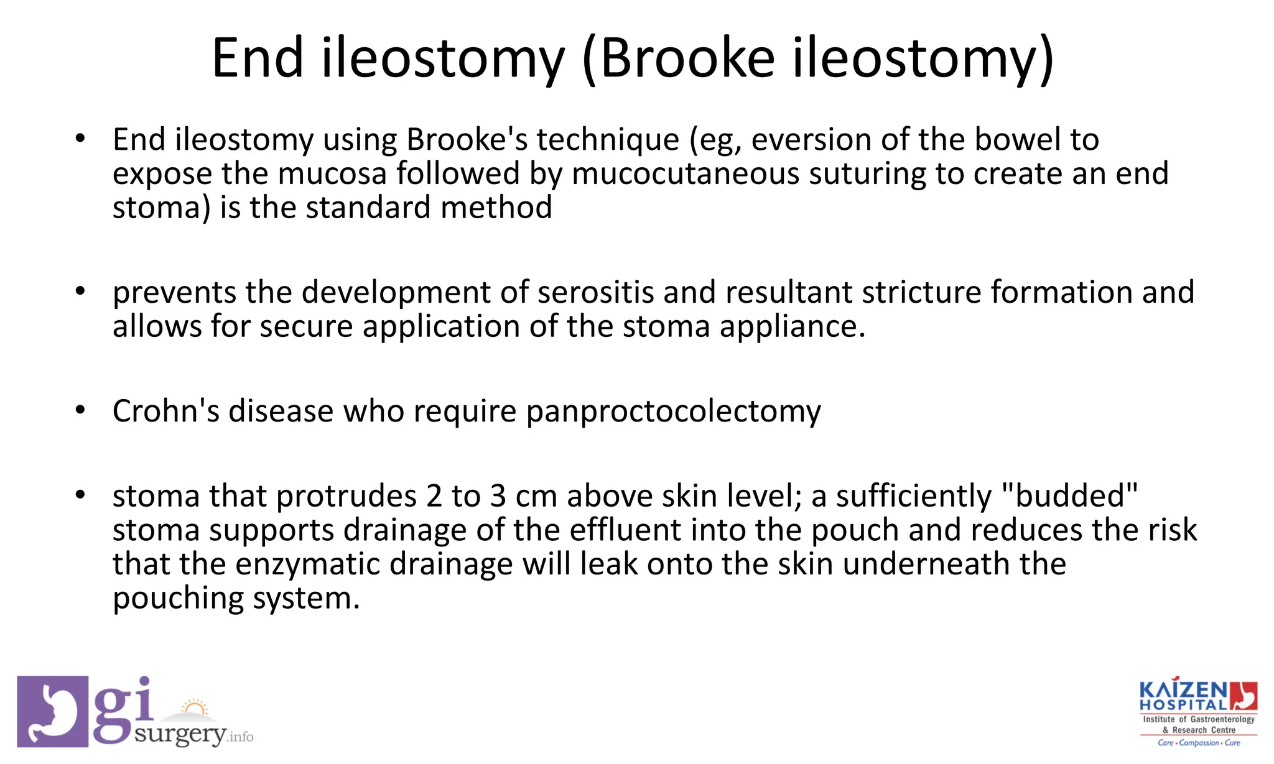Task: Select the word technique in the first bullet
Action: pyautogui.click(x=608, y=139)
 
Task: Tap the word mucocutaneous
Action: pyautogui.click(x=685, y=173)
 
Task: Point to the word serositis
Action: pyautogui.click(x=595, y=292)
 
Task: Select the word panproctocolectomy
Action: pyautogui.click(x=673, y=412)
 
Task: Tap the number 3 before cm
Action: pyautogui.click(x=498, y=496)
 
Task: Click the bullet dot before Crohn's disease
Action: pyautogui.click(x=80, y=411)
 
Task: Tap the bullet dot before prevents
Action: pyautogui.click(x=80, y=291)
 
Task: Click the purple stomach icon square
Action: pyautogui.click(x=52, y=711)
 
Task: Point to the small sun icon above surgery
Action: pyautogui.click(x=195, y=708)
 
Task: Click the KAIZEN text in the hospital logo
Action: pyautogui.click(x=1183, y=691)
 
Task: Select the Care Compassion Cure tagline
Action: pyautogui.click(x=1198, y=743)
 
